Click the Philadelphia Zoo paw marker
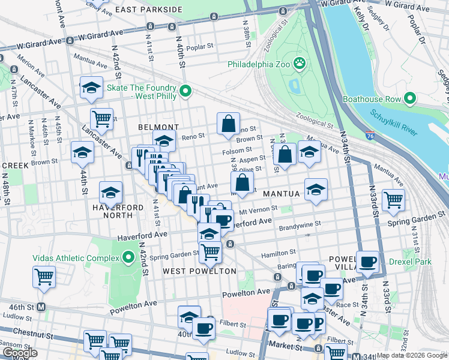tap(299, 63)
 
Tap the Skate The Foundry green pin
tap(186, 91)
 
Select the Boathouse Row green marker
tap(411, 98)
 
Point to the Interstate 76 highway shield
tap(369, 136)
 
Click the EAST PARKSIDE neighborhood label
tap(148, 10)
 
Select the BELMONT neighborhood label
tap(158, 127)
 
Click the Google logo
tap(20, 353)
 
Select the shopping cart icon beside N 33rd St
tap(393, 199)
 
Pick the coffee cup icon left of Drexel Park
tap(368, 261)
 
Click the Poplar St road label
tap(200, 46)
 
